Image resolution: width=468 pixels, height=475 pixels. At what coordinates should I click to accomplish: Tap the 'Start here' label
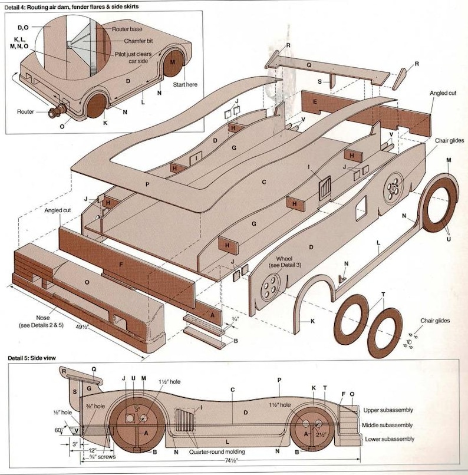pos(184,85)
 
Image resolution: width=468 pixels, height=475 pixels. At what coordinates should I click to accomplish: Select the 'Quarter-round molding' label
pos(218,452)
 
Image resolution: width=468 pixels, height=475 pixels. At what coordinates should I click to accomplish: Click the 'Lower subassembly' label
pos(390,439)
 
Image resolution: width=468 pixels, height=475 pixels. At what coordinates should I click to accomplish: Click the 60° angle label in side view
pos(59,431)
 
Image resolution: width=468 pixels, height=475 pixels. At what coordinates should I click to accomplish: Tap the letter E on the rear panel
pos(315,102)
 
